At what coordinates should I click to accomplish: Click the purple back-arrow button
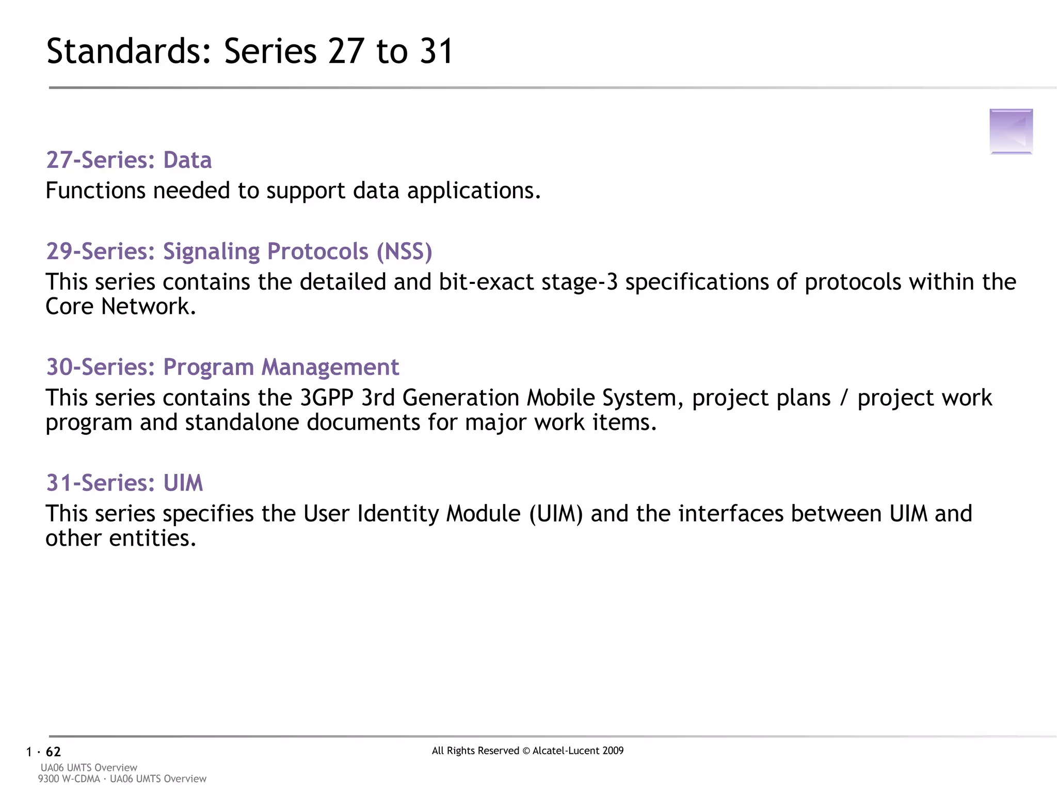point(1011,131)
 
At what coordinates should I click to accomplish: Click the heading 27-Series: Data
point(129,160)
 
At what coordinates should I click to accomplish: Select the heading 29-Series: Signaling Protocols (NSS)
point(239,251)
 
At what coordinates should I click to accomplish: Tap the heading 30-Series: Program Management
point(222,367)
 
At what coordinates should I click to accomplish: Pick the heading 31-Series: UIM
point(124,483)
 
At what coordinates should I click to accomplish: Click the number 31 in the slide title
point(436,52)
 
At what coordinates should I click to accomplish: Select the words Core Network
point(120,307)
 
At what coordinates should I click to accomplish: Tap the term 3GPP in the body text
point(326,398)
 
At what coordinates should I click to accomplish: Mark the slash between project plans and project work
point(844,398)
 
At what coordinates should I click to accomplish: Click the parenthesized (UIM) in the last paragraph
point(556,514)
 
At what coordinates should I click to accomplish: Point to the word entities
point(152,538)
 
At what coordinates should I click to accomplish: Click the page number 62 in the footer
point(53,752)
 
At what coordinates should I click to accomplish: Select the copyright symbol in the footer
point(526,751)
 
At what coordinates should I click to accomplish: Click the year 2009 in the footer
point(613,751)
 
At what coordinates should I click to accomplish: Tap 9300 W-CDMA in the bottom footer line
point(69,779)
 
